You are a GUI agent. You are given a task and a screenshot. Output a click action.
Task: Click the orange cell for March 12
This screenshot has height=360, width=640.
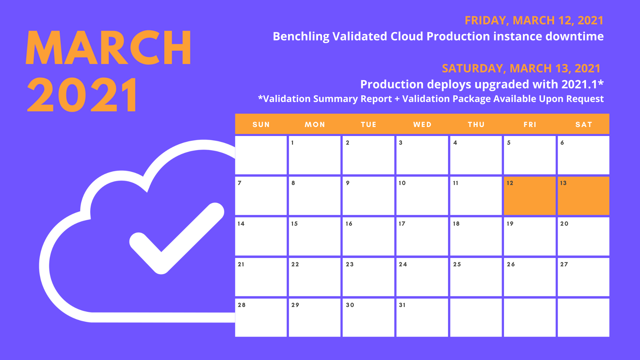click(529, 196)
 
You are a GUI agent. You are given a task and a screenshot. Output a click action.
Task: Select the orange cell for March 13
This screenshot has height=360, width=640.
click(583, 196)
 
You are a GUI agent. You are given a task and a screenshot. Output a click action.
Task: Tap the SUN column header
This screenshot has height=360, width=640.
click(261, 124)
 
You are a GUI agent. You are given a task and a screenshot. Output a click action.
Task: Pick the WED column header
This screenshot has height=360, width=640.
click(422, 124)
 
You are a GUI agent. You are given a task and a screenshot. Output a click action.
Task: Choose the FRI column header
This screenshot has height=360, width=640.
click(530, 124)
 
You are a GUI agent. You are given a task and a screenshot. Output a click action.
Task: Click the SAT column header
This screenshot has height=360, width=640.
click(584, 124)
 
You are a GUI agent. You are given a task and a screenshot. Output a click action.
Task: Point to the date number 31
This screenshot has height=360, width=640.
click(402, 305)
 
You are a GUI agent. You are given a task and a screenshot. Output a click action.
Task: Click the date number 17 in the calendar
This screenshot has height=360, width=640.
click(402, 224)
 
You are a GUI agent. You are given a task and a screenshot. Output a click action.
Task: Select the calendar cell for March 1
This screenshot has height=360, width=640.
click(314, 155)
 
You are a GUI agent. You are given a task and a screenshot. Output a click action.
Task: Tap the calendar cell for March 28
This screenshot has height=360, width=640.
click(261, 318)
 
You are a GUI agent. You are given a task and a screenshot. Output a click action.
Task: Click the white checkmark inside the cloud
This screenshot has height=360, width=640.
click(177, 238)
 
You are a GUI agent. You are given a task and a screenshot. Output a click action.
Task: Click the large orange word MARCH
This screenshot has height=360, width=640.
click(108, 47)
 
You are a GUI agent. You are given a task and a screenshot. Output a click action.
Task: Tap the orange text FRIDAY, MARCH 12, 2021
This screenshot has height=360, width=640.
click(534, 20)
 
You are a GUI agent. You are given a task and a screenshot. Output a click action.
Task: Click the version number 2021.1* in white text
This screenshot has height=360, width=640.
click(582, 84)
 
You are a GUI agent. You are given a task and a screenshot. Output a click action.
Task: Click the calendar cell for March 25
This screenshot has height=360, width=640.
click(476, 277)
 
